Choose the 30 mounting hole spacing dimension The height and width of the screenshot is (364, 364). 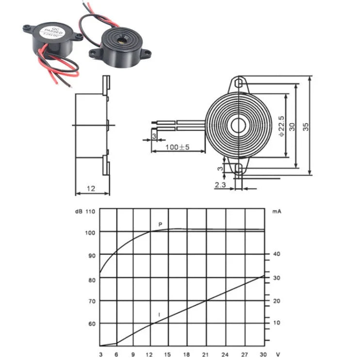(292, 126)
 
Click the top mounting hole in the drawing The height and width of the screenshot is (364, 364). (238, 83)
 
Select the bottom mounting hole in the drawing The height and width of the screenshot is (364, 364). (238, 168)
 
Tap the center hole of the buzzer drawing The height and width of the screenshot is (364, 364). (238, 126)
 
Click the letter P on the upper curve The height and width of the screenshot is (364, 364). (160, 224)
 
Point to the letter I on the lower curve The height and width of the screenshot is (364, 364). (159, 315)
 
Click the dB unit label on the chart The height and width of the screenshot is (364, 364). (78, 212)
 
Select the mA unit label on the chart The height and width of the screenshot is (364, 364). (276, 212)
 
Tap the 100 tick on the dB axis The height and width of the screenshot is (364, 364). (90, 232)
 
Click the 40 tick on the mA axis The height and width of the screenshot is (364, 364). (277, 254)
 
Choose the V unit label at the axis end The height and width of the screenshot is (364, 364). (277, 354)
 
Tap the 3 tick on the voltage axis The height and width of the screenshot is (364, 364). (100, 354)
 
